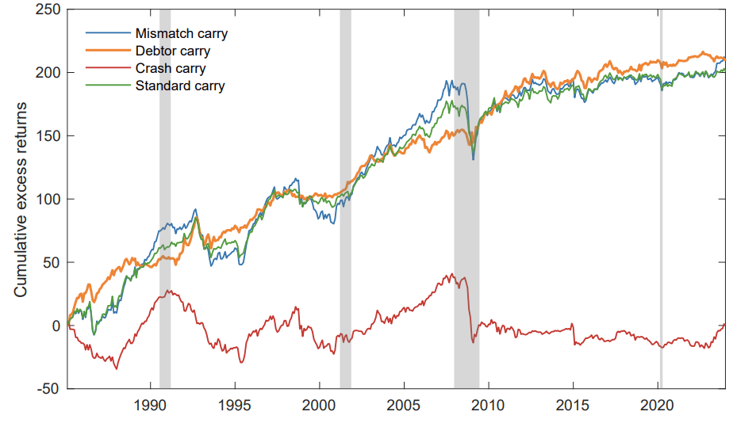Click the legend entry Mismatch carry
(x=182, y=34)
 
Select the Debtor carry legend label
(x=173, y=51)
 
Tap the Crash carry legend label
(x=171, y=69)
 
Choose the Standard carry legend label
(x=180, y=86)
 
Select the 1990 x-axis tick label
(x=151, y=405)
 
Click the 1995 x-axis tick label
(x=235, y=405)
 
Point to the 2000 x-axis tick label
(x=319, y=405)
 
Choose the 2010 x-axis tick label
(x=488, y=405)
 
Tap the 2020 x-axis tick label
(x=656, y=405)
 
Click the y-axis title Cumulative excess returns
(x=21, y=198)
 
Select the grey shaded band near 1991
(x=165, y=198)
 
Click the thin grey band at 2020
(x=661, y=198)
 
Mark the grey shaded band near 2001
(x=345, y=198)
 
